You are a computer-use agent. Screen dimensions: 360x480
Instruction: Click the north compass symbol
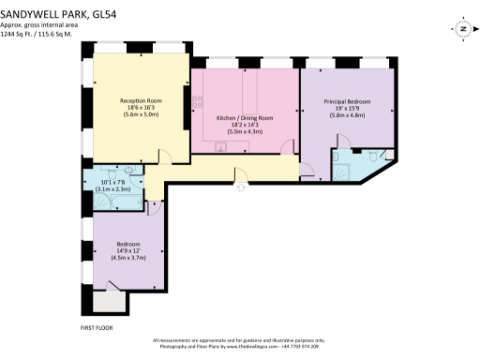point(462,29)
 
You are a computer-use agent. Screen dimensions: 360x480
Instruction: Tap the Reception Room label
point(140,99)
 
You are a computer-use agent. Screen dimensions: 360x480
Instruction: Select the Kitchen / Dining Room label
point(245,117)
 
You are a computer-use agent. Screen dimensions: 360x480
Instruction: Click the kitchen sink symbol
point(220,145)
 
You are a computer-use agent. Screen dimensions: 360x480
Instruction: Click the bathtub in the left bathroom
point(131,202)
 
